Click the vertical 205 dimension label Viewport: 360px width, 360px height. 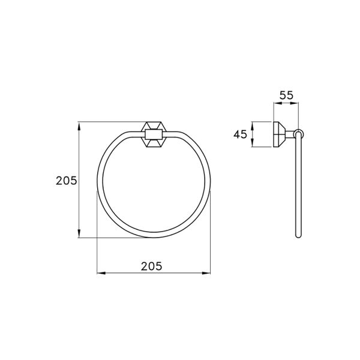coord(66,180)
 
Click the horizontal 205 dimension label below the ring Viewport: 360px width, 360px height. coord(154,265)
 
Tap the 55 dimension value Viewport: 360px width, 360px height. coord(286,95)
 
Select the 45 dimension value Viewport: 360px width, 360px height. coord(241,134)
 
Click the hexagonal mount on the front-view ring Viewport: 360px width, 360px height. coord(153,136)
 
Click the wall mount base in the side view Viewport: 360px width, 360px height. coord(280,134)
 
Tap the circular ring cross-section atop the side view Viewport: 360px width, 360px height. coord(299,134)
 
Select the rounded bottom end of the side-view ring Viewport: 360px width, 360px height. coord(299,236)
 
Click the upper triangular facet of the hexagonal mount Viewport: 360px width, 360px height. coord(153,127)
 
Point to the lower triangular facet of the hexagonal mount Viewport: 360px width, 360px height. coord(153,144)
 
